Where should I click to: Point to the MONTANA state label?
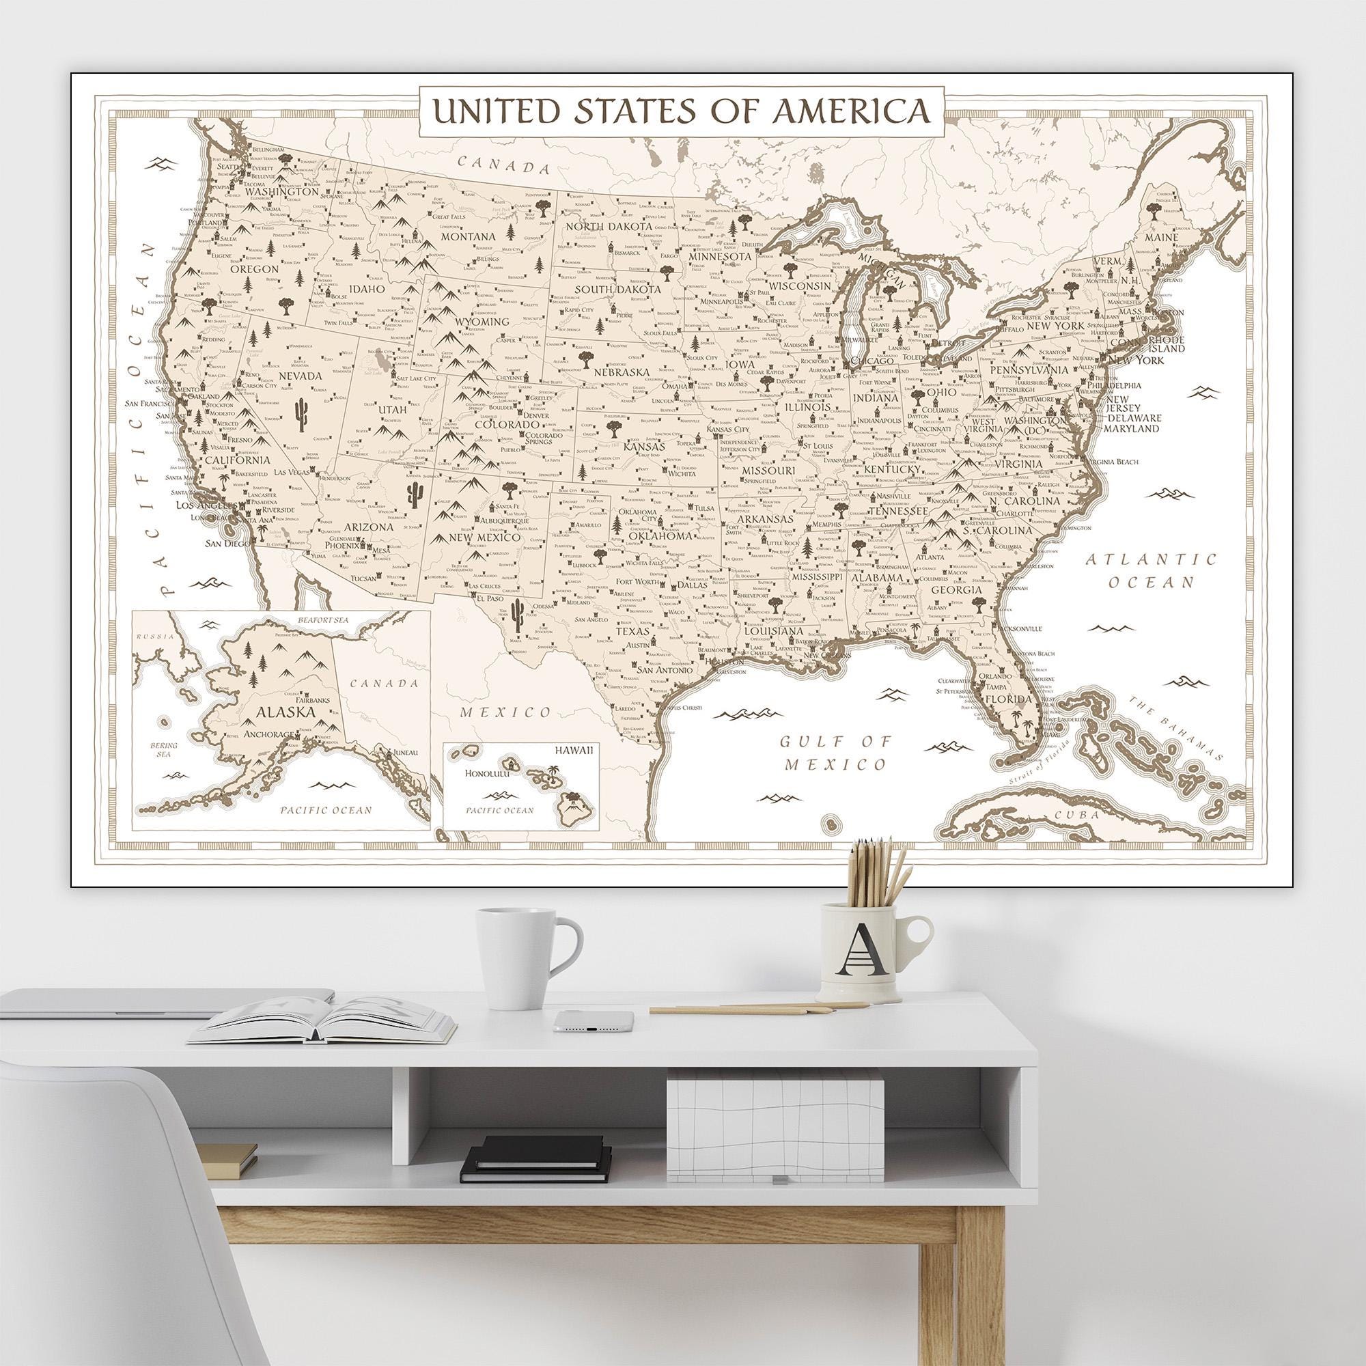click(x=469, y=236)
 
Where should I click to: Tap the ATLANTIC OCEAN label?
click(x=1151, y=570)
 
